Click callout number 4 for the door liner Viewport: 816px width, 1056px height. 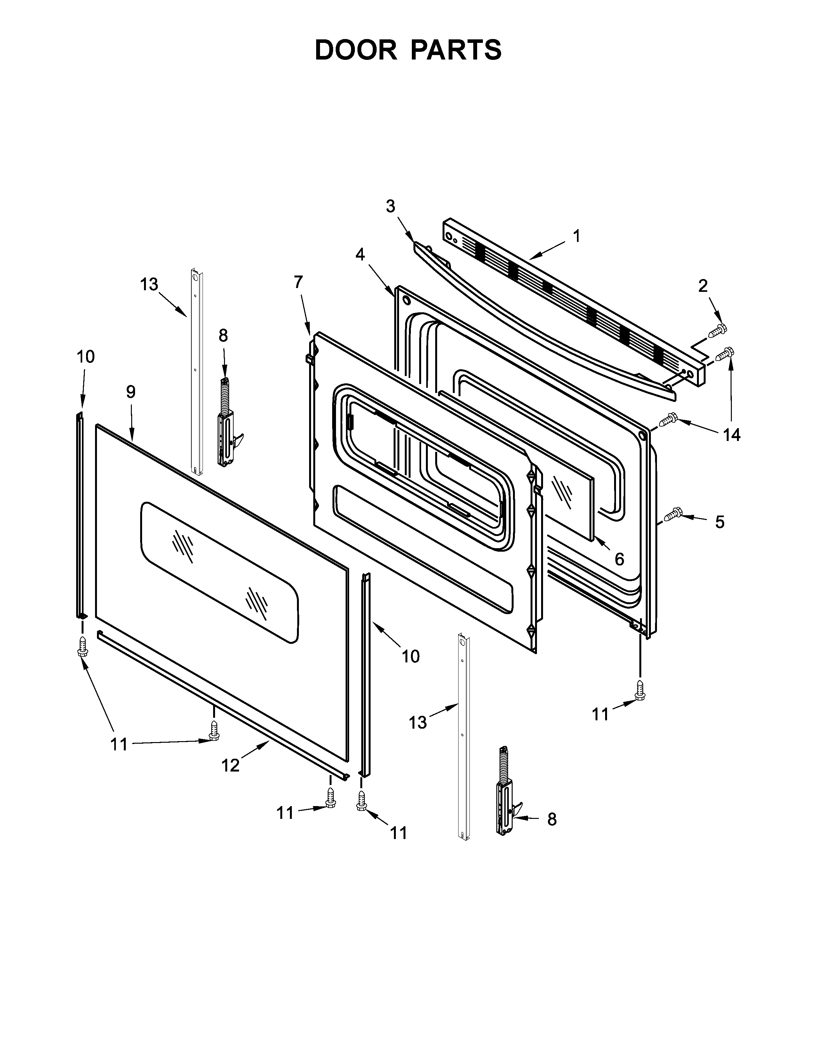point(360,254)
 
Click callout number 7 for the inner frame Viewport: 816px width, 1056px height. point(298,282)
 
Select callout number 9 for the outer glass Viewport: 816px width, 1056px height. point(131,392)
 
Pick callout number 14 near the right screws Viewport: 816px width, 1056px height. point(732,435)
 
